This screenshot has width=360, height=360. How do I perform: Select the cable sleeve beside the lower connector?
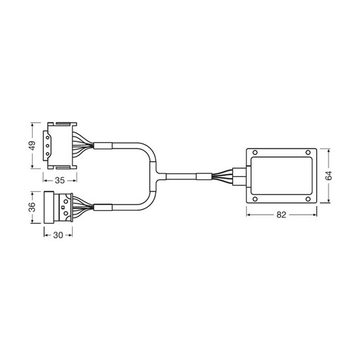[x=103, y=207]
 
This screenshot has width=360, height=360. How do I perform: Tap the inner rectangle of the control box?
[x=281, y=175]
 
